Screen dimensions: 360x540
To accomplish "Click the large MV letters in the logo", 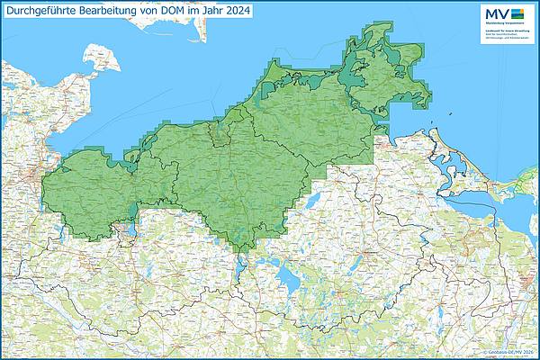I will pyautogui.click(x=497, y=13).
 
